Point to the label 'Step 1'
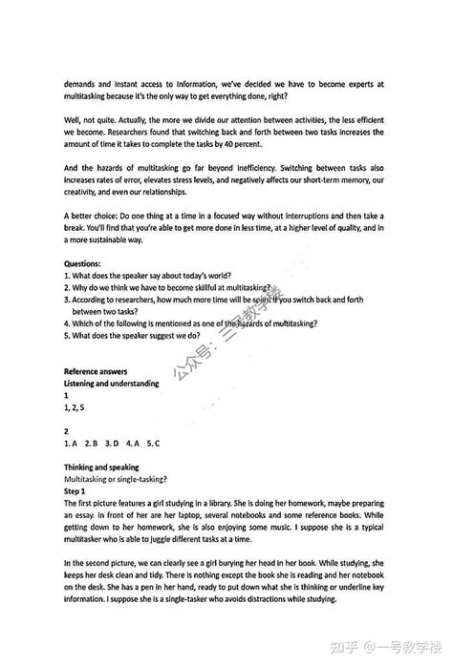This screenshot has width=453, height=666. [75, 490]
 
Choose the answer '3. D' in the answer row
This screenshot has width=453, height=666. [110, 443]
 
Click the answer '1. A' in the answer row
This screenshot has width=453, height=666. [70, 443]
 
